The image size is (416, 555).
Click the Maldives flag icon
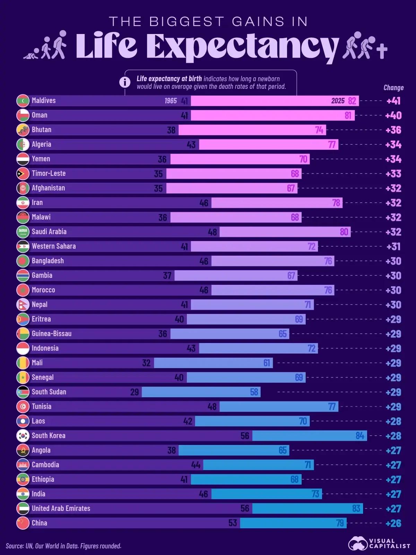click(23, 101)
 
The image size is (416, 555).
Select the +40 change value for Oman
click(393, 116)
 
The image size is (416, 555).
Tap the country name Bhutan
click(42, 130)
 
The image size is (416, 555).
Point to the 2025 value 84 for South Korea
click(360, 436)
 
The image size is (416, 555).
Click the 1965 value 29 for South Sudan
click(135, 392)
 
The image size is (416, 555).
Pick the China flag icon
click(23, 523)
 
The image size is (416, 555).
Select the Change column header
click(393, 88)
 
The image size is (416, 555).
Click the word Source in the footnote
click(14, 546)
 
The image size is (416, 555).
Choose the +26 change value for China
click(393, 523)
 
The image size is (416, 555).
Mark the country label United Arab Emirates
click(61, 509)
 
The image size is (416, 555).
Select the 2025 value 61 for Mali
click(267, 363)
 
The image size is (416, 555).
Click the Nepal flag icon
click(23, 305)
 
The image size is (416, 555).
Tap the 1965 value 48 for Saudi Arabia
click(212, 232)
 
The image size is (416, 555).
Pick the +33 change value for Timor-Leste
click(393, 174)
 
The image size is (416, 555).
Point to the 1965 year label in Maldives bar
click(171, 101)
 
